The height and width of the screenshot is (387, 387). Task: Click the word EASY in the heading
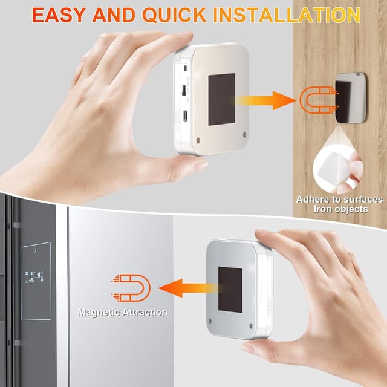pos(59,15)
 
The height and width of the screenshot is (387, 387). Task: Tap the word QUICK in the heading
pos(175,15)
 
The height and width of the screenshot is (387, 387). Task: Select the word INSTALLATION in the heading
pos(287,15)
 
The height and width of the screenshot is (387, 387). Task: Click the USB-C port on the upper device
pos(185,115)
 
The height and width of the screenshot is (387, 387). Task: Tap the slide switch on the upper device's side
pos(184,90)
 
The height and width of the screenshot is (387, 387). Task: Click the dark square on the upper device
pos(222,99)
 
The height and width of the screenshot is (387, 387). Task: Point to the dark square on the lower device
pos(230,290)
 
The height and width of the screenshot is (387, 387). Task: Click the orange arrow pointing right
pos(264,100)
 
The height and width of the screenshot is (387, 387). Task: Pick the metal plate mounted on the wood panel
pos(351,98)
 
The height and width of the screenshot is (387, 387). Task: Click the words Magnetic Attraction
pos(123,313)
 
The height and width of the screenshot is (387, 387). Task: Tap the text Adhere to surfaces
pos(339,200)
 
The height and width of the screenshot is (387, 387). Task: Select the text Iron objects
pos(341,209)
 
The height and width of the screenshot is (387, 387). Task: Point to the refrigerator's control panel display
pos(36,281)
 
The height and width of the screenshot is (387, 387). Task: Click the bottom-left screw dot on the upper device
pos(198,140)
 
